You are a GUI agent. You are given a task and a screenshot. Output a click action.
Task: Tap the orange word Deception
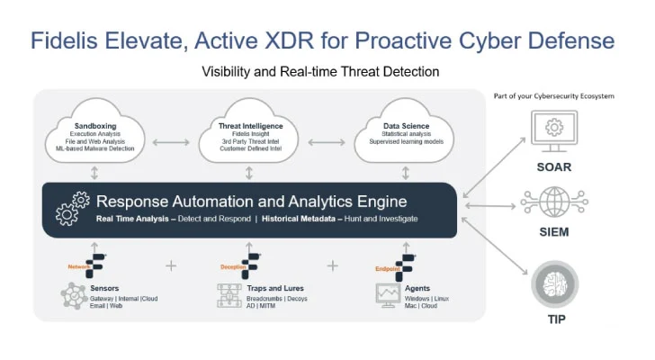232,267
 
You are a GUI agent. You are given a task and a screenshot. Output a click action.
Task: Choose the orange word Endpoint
388,267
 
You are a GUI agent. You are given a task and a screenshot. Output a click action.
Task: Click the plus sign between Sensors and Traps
171,266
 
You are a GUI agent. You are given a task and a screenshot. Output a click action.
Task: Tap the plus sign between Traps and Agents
331,266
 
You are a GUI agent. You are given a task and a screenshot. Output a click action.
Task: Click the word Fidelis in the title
75,40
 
